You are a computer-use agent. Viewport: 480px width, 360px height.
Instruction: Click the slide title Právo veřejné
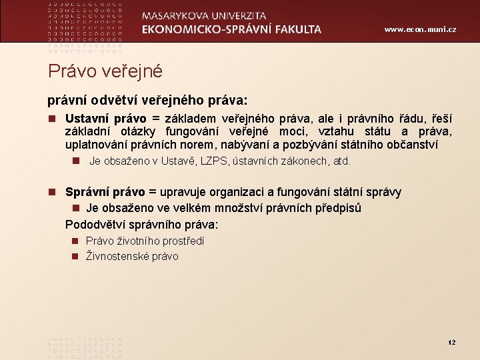click(105, 71)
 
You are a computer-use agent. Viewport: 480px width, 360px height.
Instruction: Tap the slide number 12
click(451, 342)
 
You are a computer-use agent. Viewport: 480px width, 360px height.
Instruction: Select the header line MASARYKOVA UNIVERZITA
click(204, 15)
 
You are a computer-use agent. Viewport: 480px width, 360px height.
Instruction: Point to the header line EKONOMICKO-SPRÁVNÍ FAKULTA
click(231, 29)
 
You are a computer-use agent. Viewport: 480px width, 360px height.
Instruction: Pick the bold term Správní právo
click(105, 192)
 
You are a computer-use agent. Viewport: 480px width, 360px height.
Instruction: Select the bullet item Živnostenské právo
click(132, 256)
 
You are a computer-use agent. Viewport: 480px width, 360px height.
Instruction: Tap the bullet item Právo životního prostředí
click(145, 241)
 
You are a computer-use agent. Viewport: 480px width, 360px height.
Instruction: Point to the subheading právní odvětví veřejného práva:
click(147, 100)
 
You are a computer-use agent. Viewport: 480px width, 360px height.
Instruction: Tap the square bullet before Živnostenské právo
click(77, 257)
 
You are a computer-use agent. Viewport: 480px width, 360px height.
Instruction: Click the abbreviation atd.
click(341, 161)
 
